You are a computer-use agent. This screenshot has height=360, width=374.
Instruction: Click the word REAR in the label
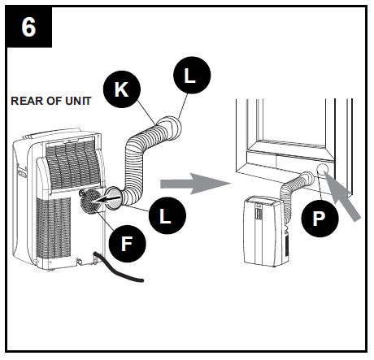[x=26, y=102]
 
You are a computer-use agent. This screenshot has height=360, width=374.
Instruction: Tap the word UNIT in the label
[x=76, y=102]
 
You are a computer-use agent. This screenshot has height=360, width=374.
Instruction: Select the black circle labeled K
[x=121, y=89]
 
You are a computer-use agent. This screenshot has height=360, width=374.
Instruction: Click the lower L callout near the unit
[x=166, y=217]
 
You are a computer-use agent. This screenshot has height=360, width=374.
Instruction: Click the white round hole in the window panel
[x=323, y=170]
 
